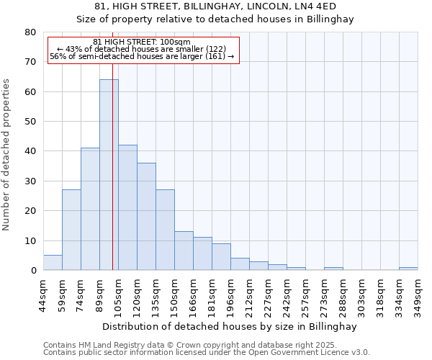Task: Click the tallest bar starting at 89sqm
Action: (x=109, y=175)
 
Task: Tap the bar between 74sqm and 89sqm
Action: (x=90, y=209)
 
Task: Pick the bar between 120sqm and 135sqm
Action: (x=146, y=216)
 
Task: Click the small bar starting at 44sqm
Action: (x=53, y=263)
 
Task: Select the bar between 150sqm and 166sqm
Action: (x=184, y=251)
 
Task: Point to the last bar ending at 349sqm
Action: (x=408, y=269)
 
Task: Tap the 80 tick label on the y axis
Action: (x=30, y=32)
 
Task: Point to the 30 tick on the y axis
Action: (x=30, y=181)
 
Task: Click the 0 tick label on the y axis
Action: (x=32, y=271)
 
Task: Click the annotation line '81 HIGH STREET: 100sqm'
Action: (x=142, y=42)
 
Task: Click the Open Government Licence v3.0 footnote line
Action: (x=206, y=353)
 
